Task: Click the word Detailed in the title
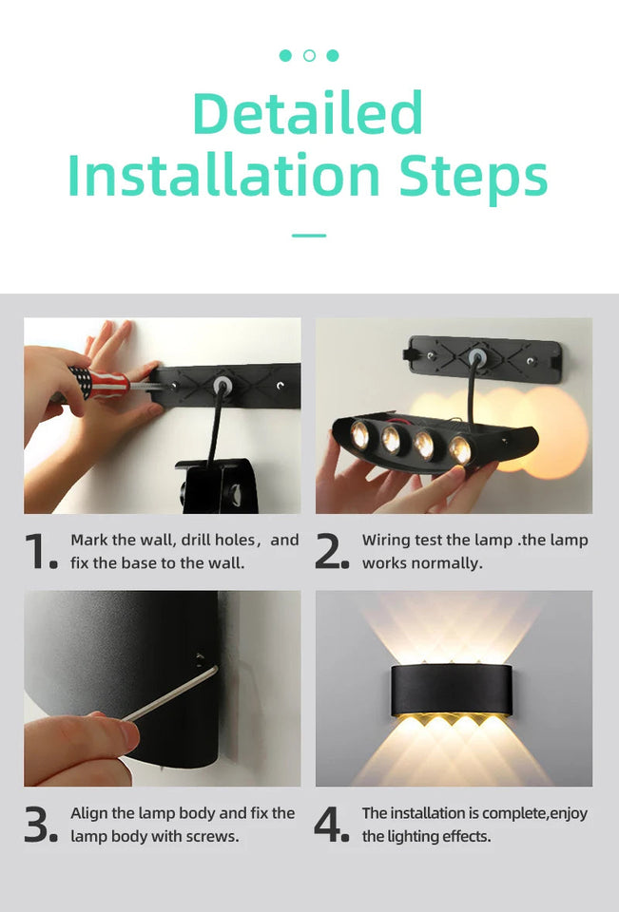tap(308, 113)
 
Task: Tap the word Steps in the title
tap(473, 178)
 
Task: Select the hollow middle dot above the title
tap(309, 55)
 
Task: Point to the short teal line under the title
tap(309, 235)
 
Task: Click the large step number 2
tap(332, 552)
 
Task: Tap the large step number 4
tap(332, 826)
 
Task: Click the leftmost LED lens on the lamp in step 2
tap(360, 435)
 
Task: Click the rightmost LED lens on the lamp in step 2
tap(460, 449)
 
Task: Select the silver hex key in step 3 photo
tap(171, 694)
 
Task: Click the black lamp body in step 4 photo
tap(452, 691)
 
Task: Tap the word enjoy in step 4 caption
tap(567, 814)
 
